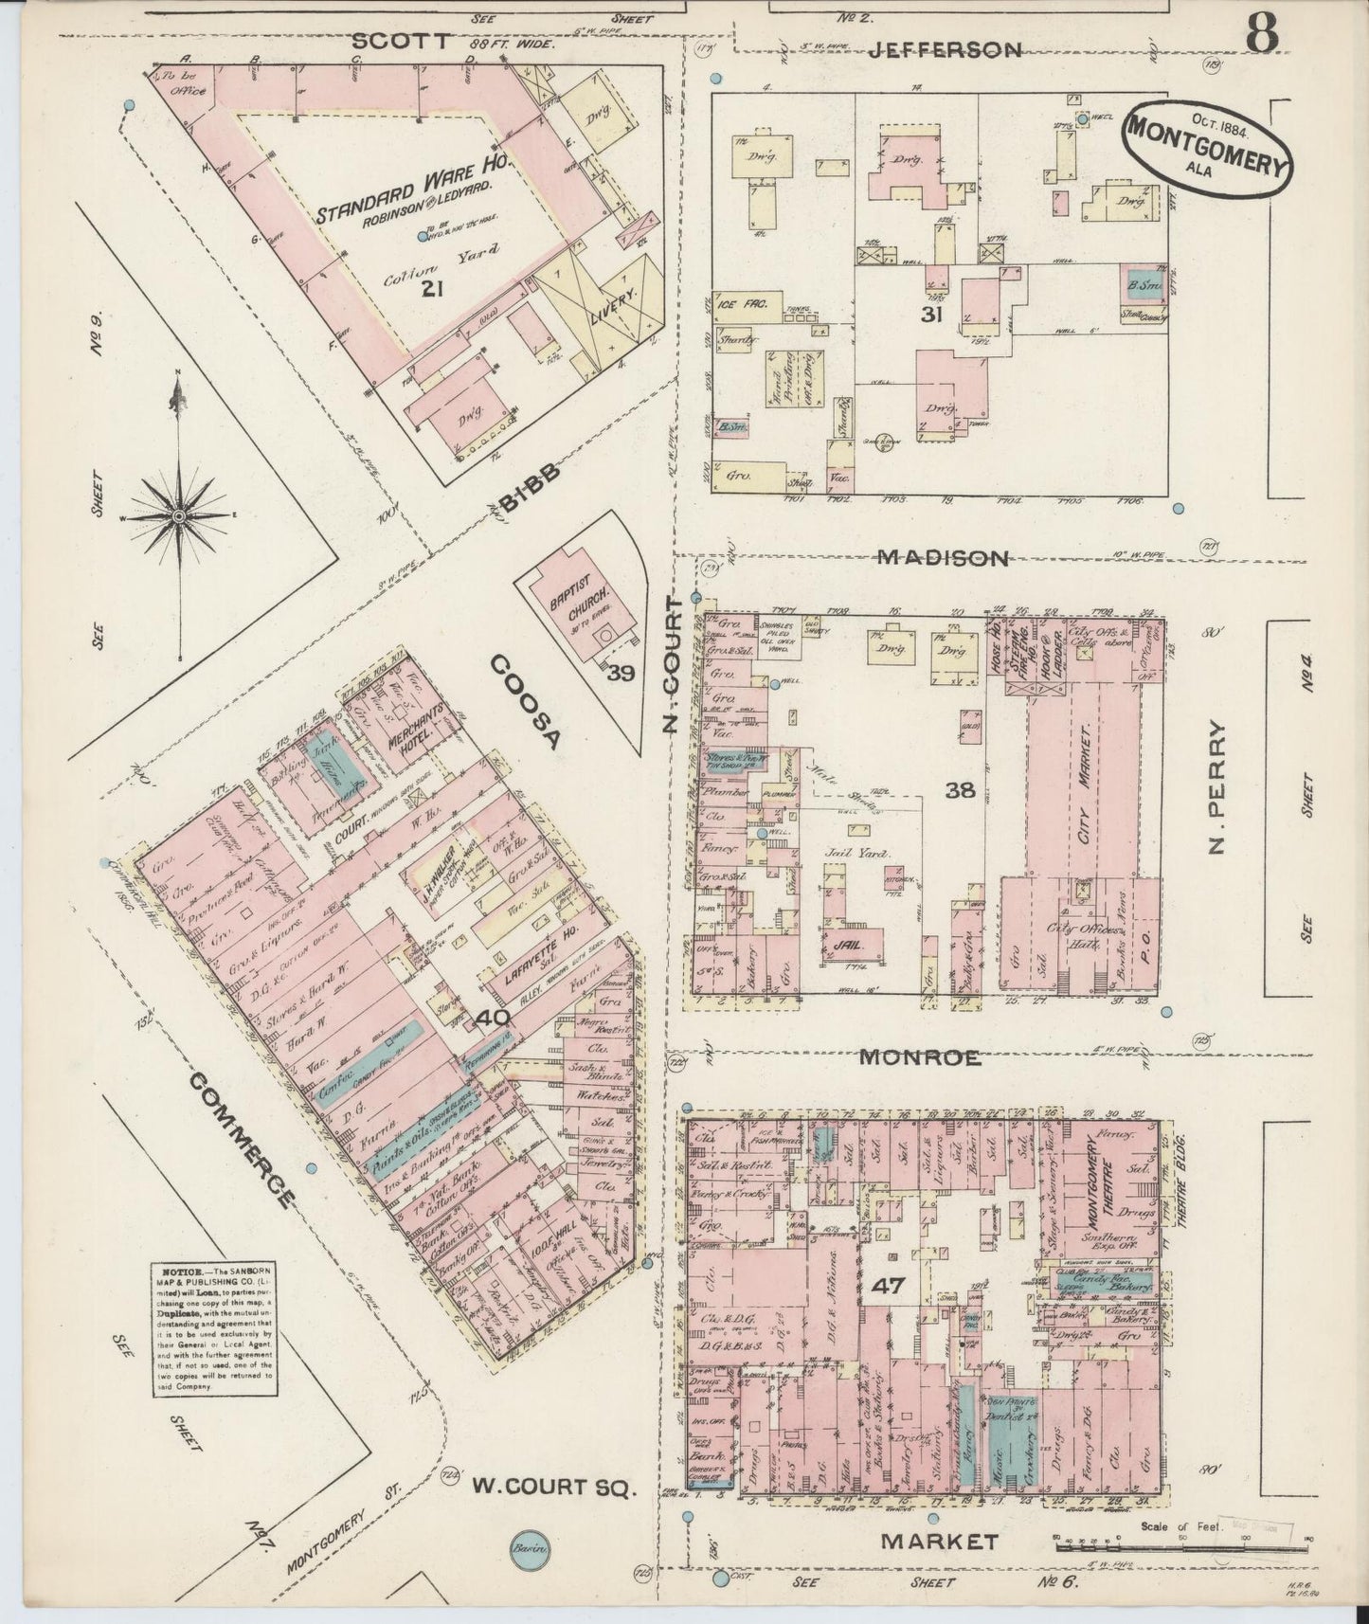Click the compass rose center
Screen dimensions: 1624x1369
click(x=178, y=514)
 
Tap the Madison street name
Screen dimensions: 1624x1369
click(x=942, y=558)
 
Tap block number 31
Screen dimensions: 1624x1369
click(x=930, y=316)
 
